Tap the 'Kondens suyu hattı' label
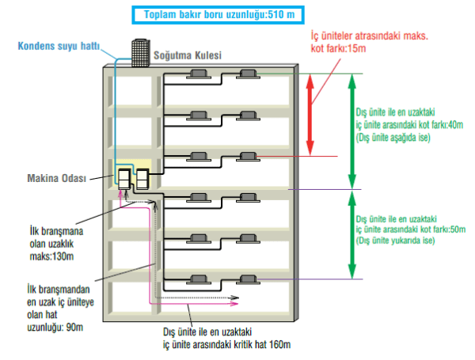[59, 47]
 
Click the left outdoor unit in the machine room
[124, 179]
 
